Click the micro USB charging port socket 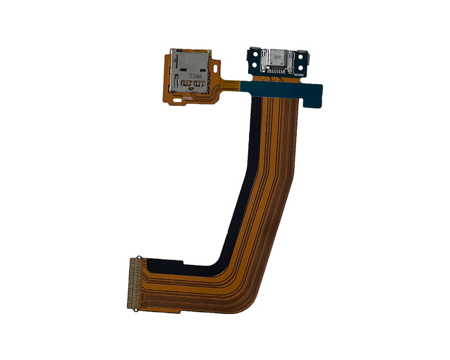coord(277,56)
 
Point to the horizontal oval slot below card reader coord(178,100)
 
